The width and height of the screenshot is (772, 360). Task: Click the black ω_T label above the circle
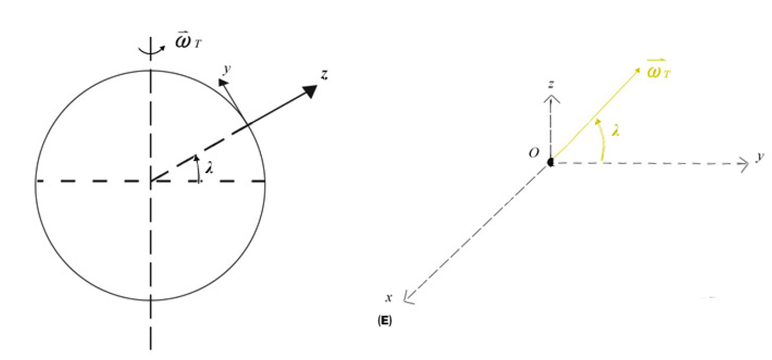pos(188,42)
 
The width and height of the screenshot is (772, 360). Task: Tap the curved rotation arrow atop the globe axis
pos(152,51)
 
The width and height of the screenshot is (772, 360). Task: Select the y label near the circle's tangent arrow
pos(227,69)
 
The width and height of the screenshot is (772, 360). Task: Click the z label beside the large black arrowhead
pos(324,75)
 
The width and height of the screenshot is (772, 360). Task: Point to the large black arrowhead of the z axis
pos(310,91)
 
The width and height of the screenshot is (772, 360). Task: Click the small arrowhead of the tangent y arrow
pos(223,83)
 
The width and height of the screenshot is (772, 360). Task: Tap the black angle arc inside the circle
pos(197,169)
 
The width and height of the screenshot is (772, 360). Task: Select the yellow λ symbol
pos(615,130)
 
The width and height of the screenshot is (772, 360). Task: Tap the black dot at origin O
pos(550,162)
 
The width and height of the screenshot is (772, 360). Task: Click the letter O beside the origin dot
pos(534,153)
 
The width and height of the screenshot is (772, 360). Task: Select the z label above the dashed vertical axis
pos(551,84)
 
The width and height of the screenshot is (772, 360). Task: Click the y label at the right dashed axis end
pos(760,157)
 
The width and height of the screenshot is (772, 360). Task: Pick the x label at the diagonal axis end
pos(389,297)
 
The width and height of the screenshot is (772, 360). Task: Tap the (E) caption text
pos(385,321)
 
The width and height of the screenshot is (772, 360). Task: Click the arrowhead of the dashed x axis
pos(408,298)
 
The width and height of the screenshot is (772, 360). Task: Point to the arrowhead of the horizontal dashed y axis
pos(745,164)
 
